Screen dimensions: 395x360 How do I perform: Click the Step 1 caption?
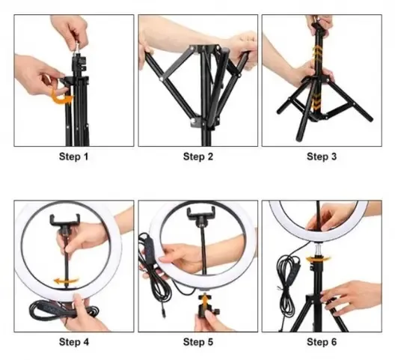(74, 156)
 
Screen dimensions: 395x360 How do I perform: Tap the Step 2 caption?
(198, 156)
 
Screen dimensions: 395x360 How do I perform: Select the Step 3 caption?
(322, 156)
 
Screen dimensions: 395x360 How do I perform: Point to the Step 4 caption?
(74, 342)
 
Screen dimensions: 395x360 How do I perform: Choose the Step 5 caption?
(198, 342)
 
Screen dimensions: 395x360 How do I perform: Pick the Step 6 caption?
(322, 342)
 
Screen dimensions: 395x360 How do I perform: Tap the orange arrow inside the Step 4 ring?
(66, 281)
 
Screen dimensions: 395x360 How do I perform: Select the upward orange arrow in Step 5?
(204, 299)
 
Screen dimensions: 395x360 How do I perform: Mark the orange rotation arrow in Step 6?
(318, 259)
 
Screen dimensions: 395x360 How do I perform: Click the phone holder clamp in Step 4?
(65, 220)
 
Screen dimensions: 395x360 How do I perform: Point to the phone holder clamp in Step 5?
(200, 213)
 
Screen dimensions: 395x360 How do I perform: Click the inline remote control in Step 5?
(149, 249)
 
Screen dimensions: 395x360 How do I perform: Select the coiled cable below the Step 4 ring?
(63, 310)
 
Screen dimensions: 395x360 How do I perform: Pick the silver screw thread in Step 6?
(319, 249)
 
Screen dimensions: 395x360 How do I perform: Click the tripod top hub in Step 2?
(204, 49)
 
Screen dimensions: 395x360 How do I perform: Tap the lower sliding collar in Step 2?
(204, 121)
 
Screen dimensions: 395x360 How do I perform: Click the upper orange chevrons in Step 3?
(318, 53)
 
